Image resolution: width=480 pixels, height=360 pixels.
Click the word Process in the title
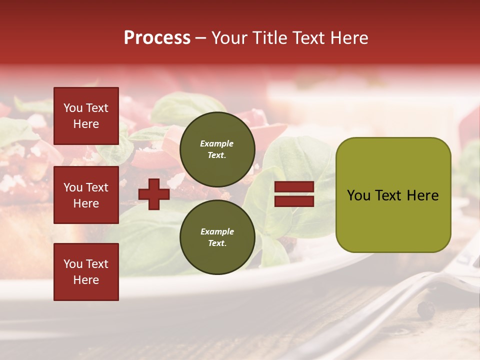[x=157, y=38]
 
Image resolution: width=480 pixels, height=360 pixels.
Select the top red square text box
[x=86, y=116]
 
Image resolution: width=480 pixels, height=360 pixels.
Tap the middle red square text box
[x=86, y=195]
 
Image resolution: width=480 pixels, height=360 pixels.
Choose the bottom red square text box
[x=86, y=272]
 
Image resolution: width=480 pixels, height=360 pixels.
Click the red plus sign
[x=154, y=194]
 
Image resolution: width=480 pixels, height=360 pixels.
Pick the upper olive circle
[x=217, y=149]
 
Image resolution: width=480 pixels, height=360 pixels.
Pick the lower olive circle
[x=217, y=237]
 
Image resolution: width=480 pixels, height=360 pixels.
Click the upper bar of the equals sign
[x=294, y=187]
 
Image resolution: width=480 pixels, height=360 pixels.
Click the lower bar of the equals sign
[x=294, y=201]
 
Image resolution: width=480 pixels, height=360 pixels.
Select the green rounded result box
[x=393, y=195]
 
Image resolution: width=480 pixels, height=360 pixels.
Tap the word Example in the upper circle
[x=217, y=143]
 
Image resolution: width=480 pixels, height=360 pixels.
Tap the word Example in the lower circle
[x=217, y=231]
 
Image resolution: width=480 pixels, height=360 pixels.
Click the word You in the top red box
[x=73, y=108]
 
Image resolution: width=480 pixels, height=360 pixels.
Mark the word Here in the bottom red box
[x=86, y=280]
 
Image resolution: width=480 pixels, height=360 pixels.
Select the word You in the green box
[x=359, y=195]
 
